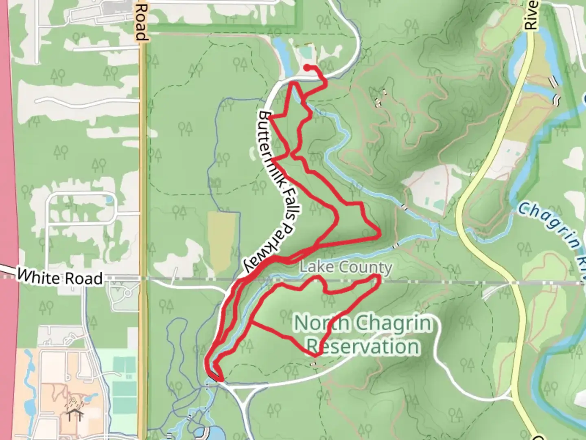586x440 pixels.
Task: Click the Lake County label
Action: [346, 268]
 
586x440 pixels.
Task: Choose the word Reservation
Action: [363, 347]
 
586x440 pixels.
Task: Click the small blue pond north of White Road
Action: [109, 199]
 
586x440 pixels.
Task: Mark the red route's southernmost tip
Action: [220, 381]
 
